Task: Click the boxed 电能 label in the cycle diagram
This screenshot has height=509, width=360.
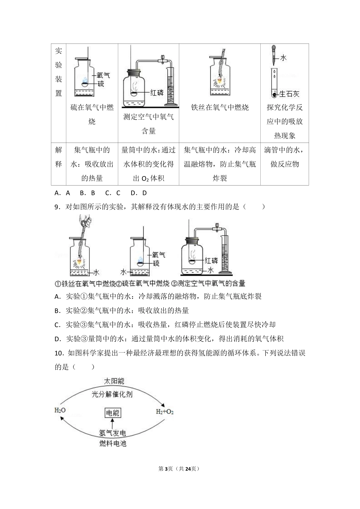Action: (113, 413)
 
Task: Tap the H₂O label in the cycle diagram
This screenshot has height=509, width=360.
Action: (60, 410)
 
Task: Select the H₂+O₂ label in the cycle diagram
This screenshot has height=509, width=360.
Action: (165, 412)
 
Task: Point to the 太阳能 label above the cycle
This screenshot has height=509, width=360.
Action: (114, 381)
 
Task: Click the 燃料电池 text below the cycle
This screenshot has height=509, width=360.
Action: (113, 443)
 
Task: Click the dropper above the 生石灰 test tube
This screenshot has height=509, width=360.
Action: (273, 54)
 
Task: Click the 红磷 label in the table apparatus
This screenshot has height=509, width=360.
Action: (157, 92)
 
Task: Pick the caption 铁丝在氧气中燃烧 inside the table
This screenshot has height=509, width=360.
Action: (220, 108)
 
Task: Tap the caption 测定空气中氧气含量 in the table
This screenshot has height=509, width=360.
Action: (149, 124)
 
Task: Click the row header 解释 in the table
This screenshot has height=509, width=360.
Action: (58, 157)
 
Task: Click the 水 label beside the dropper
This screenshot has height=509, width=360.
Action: (283, 58)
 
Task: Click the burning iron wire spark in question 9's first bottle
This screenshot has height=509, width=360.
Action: (80, 261)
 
